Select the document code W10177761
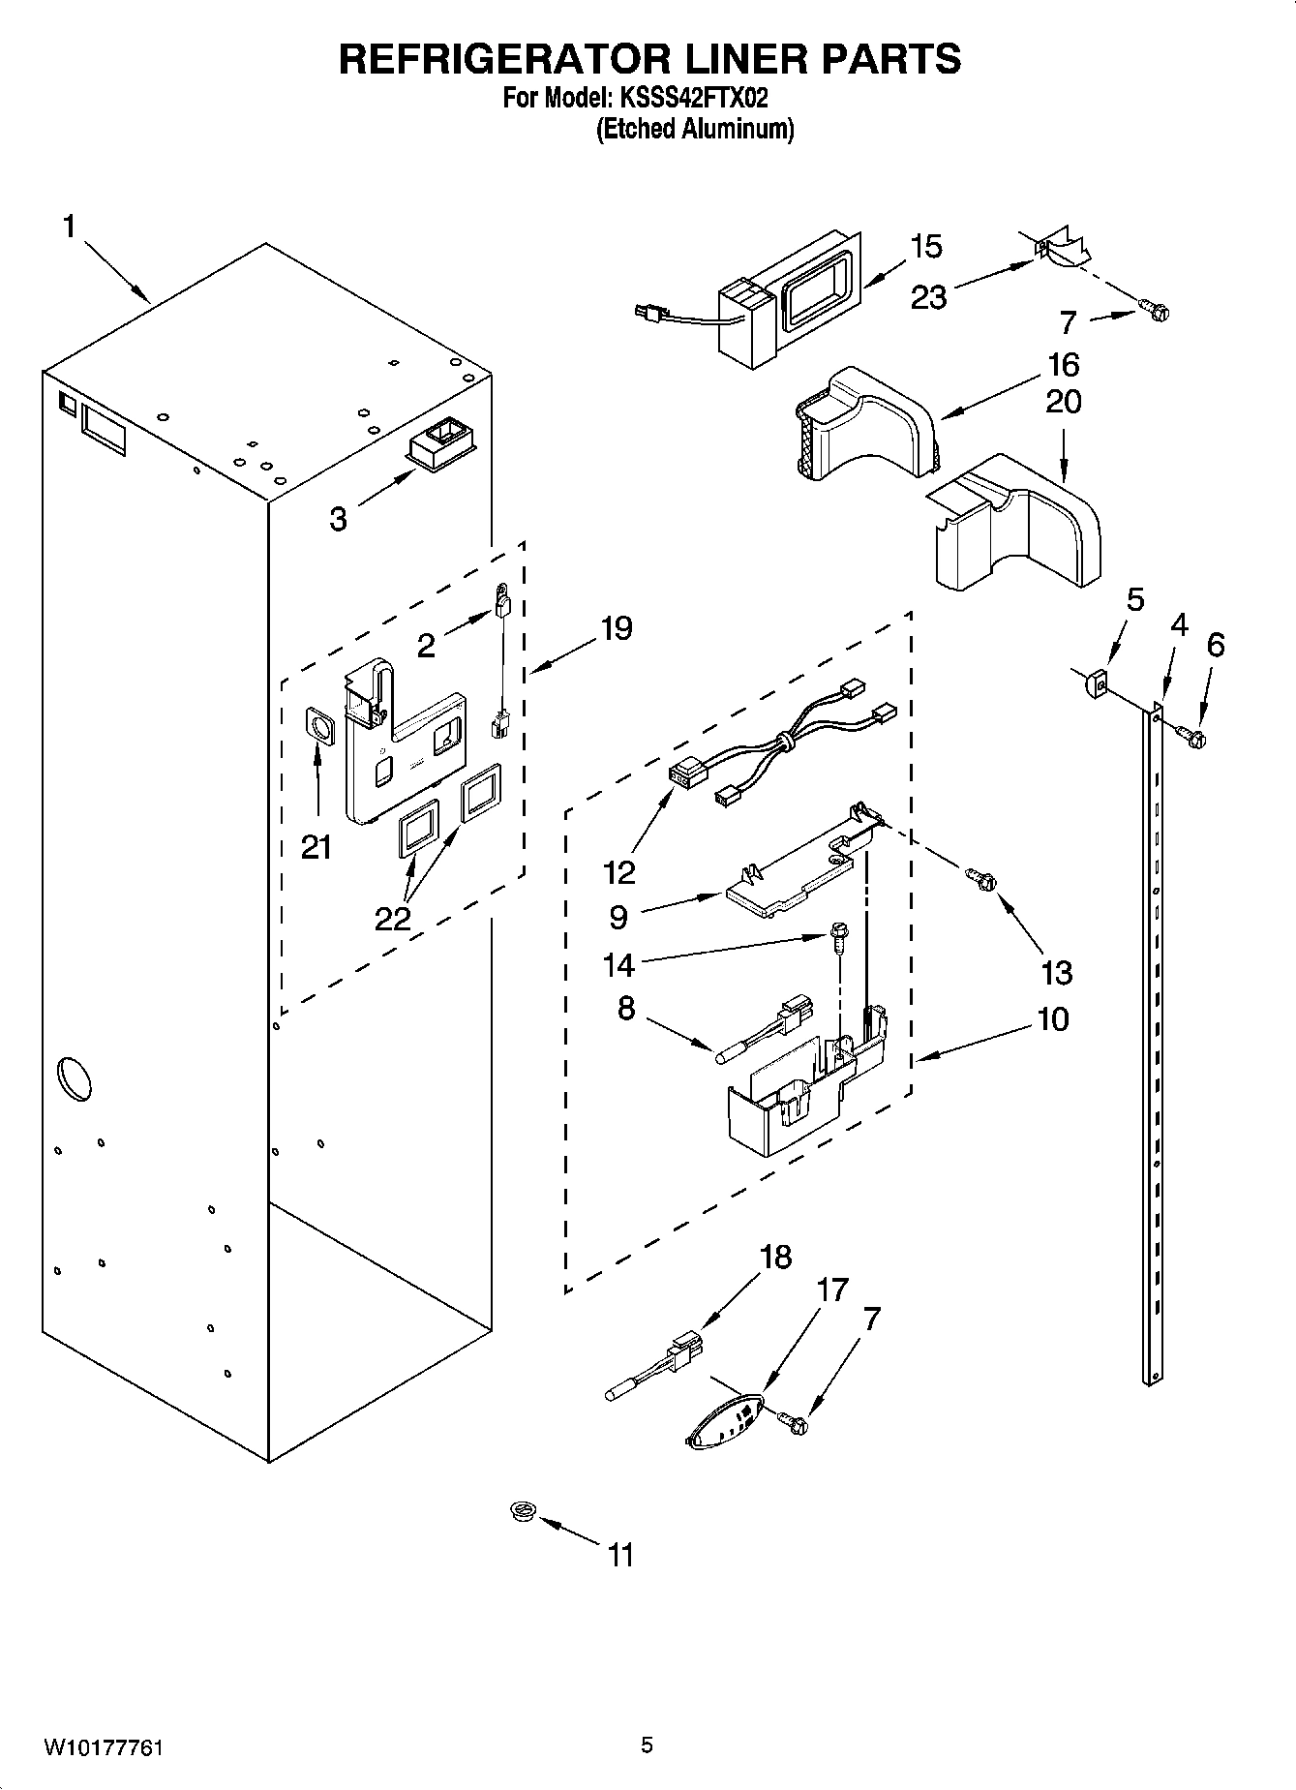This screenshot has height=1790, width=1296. point(104,1746)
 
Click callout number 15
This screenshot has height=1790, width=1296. point(925,247)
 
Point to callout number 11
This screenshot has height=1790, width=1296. point(619,1555)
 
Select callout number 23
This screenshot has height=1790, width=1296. point(928,296)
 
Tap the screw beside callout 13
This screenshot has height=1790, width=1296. point(981,880)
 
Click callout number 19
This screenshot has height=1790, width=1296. point(617,628)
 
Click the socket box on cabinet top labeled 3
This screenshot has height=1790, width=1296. point(441,444)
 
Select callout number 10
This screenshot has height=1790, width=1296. point(1053,1018)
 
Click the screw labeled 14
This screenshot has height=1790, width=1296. point(837,936)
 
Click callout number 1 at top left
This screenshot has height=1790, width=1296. point(69,227)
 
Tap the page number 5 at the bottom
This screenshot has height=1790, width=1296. point(648,1745)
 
